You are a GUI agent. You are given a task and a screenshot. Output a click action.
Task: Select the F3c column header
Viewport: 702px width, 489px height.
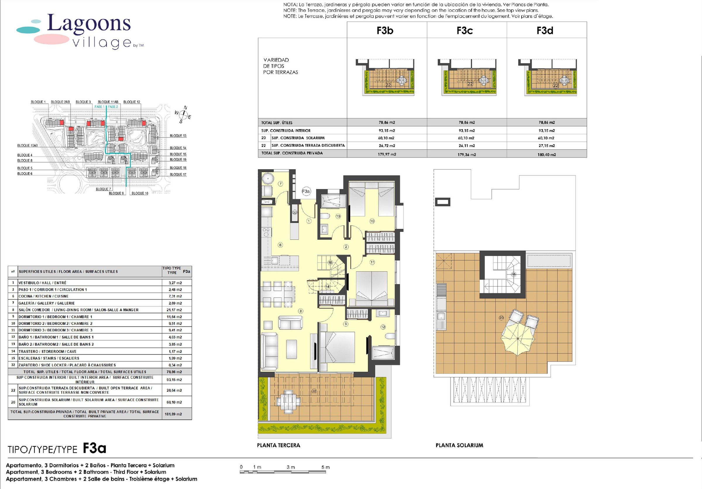pyautogui.click(x=465, y=30)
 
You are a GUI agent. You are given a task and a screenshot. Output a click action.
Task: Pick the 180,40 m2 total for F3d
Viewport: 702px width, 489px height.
pyautogui.click(x=547, y=155)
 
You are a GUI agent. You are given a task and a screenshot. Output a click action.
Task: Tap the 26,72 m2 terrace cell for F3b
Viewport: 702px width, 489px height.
pyautogui.click(x=387, y=146)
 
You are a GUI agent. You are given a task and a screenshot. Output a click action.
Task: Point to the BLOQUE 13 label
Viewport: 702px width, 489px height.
pyautogui.click(x=178, y=136)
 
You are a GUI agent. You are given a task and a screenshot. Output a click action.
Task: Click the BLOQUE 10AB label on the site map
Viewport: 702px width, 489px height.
pyautogui.click(x=27, y=146)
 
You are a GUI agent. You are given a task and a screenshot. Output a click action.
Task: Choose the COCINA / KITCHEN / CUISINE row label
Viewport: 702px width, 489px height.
pyautogui.click(x=43, y=296)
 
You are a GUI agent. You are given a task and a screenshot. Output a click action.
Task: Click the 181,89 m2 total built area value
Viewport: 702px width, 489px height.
pyautogui.click(x=173, y=414)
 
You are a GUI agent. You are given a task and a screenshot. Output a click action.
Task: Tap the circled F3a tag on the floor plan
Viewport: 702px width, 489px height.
pyautogui.click(x=306, y=191)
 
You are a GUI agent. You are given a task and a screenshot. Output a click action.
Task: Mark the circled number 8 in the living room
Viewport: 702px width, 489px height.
pyautogui.click(x=301, y=311)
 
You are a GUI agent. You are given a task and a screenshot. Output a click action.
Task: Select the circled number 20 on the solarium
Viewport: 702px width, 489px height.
pyautogui.click(x=501, y=318)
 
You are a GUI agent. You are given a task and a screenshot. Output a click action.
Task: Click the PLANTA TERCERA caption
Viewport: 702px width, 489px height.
pyautogui.click(x=278, y=445)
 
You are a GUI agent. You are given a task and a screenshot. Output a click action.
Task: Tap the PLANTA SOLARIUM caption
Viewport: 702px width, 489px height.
pyautogui.click(x=459, y=445)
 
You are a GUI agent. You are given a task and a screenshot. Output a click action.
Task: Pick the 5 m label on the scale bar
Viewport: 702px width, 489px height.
pyautogui.click(x=326, y=467)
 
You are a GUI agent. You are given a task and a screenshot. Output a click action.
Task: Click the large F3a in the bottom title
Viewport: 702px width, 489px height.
pyautogui.click(x=94, y=448)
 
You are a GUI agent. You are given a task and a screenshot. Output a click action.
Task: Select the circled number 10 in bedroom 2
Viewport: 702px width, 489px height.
pyautogui.click(x=372, y=221)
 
